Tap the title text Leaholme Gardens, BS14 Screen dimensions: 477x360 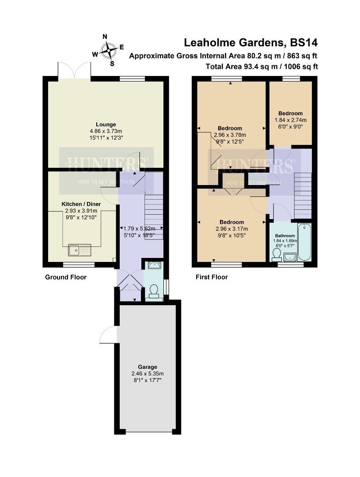250,43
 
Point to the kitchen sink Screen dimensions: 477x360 80,250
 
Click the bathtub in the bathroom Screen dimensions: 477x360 304,243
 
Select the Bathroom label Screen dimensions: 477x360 284,236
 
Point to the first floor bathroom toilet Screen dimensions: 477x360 277,254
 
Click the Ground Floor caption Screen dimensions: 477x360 66,277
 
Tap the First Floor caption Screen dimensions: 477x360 212,277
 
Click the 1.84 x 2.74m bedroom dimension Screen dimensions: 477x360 290,120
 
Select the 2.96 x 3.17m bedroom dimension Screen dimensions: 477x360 231,229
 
